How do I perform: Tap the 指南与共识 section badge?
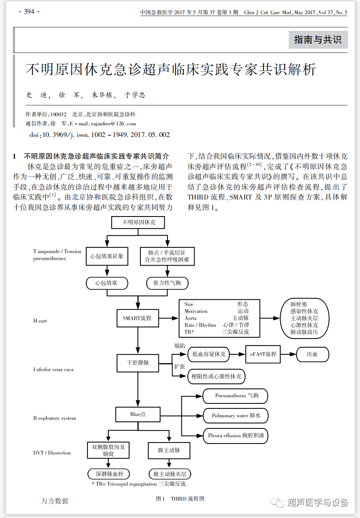pyautogui.click(x=318, y=40)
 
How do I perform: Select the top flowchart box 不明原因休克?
pyautogui.click(x=139, y=222)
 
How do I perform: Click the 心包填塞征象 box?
pyautogui.click(x=107, y=256)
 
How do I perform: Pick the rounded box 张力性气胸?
pyautogui.click(x=167, y=283)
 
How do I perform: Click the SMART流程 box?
pyautogui.click(x=137, y=318)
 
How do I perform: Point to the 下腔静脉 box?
pyautogui.click(x=138, y=363)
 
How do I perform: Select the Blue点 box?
pyautogui.click(x=138, y=414)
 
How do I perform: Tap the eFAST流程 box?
pyautogui.click(x=263, y=354)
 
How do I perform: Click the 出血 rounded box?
pyautogui.click(x=312, y=354)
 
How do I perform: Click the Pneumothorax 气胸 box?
pyautogui.click(x=235, y=396)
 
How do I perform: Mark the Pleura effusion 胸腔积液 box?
pyautogui.click(x=235, y=436)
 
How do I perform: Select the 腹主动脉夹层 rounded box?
pyautogui.click(x=170, y=474)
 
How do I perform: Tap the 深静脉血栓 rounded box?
pyautogui.click(x=109, y=474)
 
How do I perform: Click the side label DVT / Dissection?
pyautogui.click(x=52, y=453)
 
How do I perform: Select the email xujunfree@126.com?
pyautogui.click(x=113, y=124)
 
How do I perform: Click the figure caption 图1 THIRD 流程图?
pyautogui.click(x=180, y=498)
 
